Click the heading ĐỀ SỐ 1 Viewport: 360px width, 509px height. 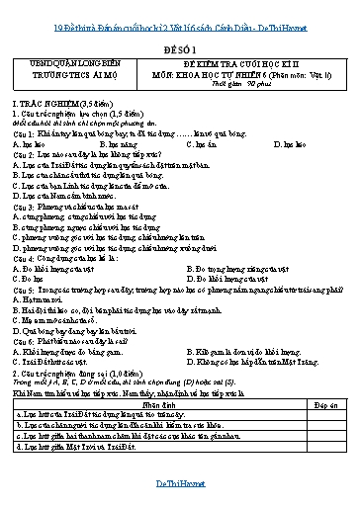pyautogui.click(x=180, y=44)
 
